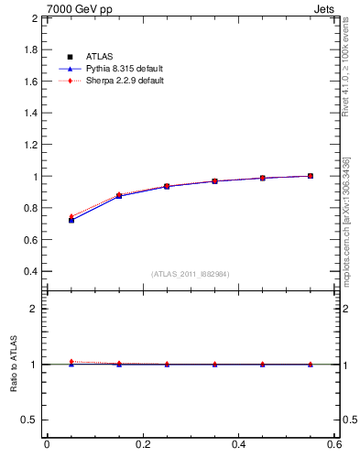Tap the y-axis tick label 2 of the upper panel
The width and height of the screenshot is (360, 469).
point(35,18)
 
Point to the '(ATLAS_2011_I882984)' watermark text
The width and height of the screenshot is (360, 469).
point(191,274)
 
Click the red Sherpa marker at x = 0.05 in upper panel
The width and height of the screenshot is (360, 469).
point(71,217)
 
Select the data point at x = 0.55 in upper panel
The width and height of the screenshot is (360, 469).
point(311,176)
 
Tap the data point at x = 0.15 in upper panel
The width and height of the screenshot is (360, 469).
point(119,196)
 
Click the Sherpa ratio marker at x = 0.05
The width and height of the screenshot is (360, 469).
point(71,362)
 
